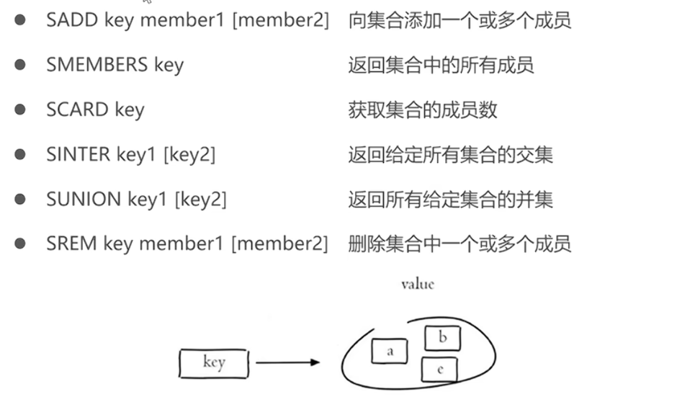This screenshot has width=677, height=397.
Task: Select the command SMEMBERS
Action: click(97, 65)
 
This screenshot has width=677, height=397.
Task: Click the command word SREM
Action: click(71, 244)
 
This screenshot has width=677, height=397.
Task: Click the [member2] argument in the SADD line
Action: click(280, 20)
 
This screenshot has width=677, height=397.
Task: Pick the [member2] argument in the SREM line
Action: click(279, 244)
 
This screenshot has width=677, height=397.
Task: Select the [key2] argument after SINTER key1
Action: click(189, 154)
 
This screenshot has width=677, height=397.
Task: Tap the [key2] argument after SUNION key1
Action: click(200, 199)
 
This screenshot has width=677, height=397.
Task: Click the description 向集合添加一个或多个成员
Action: click(459, 20)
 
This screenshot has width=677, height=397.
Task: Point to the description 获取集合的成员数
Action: click(423, 110)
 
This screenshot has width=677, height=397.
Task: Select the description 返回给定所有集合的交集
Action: click(450, 154)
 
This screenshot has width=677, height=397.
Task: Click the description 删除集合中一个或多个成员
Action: click(459, 244)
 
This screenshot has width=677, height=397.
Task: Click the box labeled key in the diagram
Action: click(213, 363)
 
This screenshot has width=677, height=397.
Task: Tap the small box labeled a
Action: click(390, 352)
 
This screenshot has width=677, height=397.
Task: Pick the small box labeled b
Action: click(442, 338)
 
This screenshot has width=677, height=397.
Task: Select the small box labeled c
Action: click(439, 370)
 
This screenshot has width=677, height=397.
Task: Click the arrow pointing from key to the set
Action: click(287, 362)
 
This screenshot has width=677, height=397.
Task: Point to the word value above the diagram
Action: click(418, 284)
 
